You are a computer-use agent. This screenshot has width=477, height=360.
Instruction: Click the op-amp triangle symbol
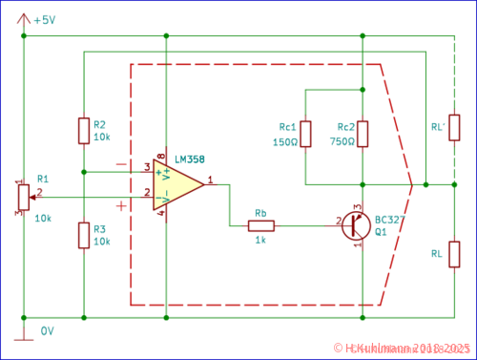pyautogui.click(x=177, y=184)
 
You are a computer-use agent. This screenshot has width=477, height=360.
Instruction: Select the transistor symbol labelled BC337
pyautogui.click(x=357, y=226)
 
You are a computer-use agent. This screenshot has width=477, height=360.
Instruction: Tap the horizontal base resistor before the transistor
pyautogui.click(x=260, y=226)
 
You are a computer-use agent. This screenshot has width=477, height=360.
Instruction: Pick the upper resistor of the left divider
pyautogui.click(x=84, y=131)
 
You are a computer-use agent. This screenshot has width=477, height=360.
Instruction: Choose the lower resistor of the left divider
pyautogui.click(x=84, y=235)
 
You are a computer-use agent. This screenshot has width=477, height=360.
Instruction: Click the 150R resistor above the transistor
pyautogui.click(x=305, y=135)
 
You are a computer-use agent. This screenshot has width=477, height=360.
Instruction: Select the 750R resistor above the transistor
pyautogui.click(x=363, y=135)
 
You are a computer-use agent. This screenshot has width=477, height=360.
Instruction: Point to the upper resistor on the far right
pyautogui.click(x=454, y=127)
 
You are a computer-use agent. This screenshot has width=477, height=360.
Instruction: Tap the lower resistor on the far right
pyautogui.click(x=454, y=254)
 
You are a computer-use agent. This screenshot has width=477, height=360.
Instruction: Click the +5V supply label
pyautogui.click(x=45, y=20)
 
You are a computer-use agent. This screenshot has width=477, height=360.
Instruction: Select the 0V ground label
pyautogui.click(x=48, y=331)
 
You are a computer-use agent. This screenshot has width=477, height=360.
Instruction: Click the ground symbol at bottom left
pyautogui.click(x=23, y=336)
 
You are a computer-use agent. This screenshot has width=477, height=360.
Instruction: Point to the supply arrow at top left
pyautogui.click(x=23, y=17)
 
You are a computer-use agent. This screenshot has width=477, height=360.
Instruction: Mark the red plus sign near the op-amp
pyautogui.click(x=121, y=205)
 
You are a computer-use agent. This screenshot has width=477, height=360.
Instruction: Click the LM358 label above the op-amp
pyautogui.click(x=190, y=159)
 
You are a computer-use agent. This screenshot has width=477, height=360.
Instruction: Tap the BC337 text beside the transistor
pyautogui.click(x=389, y=220)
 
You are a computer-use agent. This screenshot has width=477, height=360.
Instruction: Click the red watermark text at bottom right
pyautogui.click(x=402, y=349)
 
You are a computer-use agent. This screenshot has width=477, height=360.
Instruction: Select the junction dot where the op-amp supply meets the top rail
pyautogui.click(x=166, y=36)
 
